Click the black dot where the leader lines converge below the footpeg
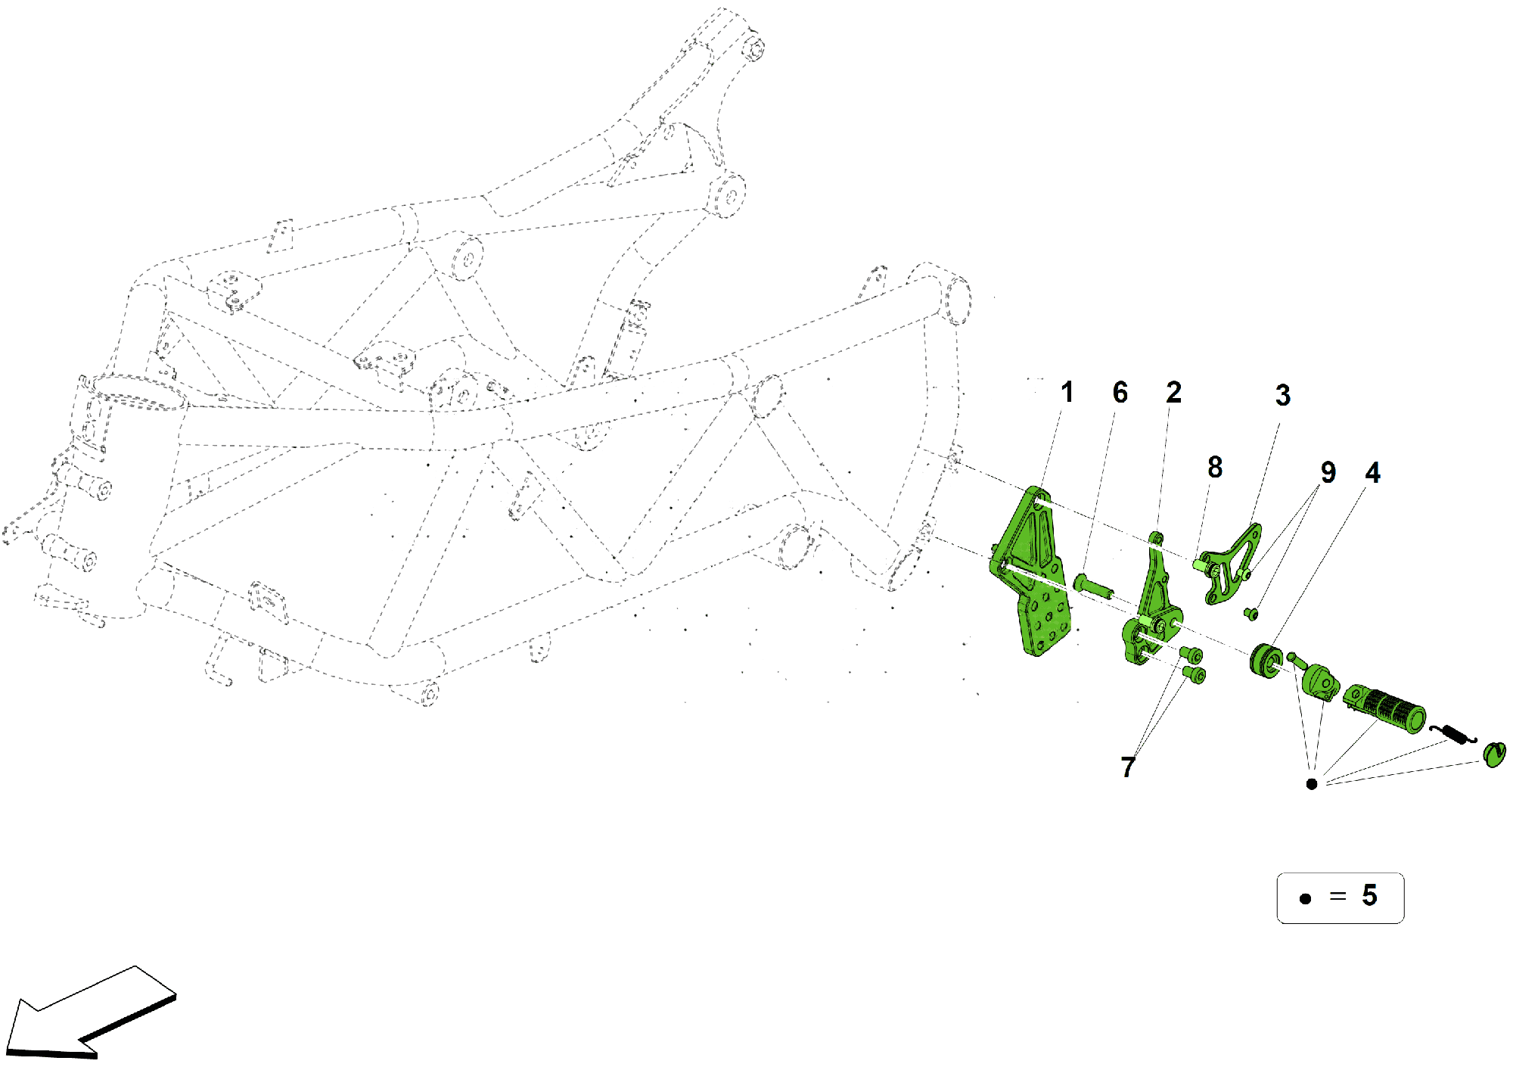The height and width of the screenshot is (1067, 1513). coord(1312,784)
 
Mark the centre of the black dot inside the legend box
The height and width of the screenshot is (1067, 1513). coord(1305,899)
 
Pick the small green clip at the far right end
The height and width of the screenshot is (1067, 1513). coord(1494,754)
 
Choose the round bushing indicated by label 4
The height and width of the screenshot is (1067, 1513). coord(1266,661)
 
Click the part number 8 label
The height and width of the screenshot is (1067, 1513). coord(1215,468)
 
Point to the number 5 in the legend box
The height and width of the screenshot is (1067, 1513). coord(1369,896)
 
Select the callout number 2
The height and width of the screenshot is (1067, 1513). coord(1173,392)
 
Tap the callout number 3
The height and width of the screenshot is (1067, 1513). coord(1283,395)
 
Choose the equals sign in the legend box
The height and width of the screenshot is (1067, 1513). coord(1337,897)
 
